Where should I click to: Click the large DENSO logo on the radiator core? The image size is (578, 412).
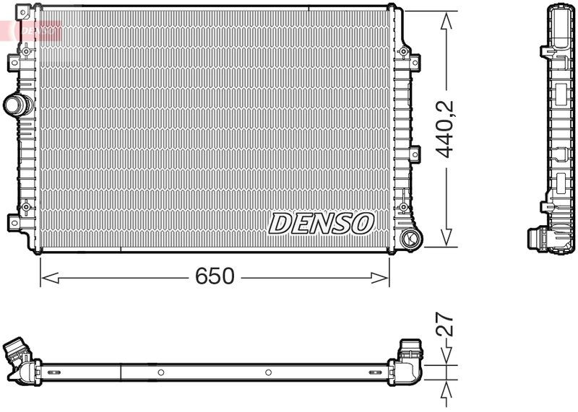coord(322,223)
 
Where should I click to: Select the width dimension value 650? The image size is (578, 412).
coord(215,276)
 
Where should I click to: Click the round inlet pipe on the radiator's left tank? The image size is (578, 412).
coord(16,105)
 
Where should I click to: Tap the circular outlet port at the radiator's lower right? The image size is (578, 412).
coord(408,237)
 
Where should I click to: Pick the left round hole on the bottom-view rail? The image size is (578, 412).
coord(161,372)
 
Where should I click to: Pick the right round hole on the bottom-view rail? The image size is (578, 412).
coord(268,372)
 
